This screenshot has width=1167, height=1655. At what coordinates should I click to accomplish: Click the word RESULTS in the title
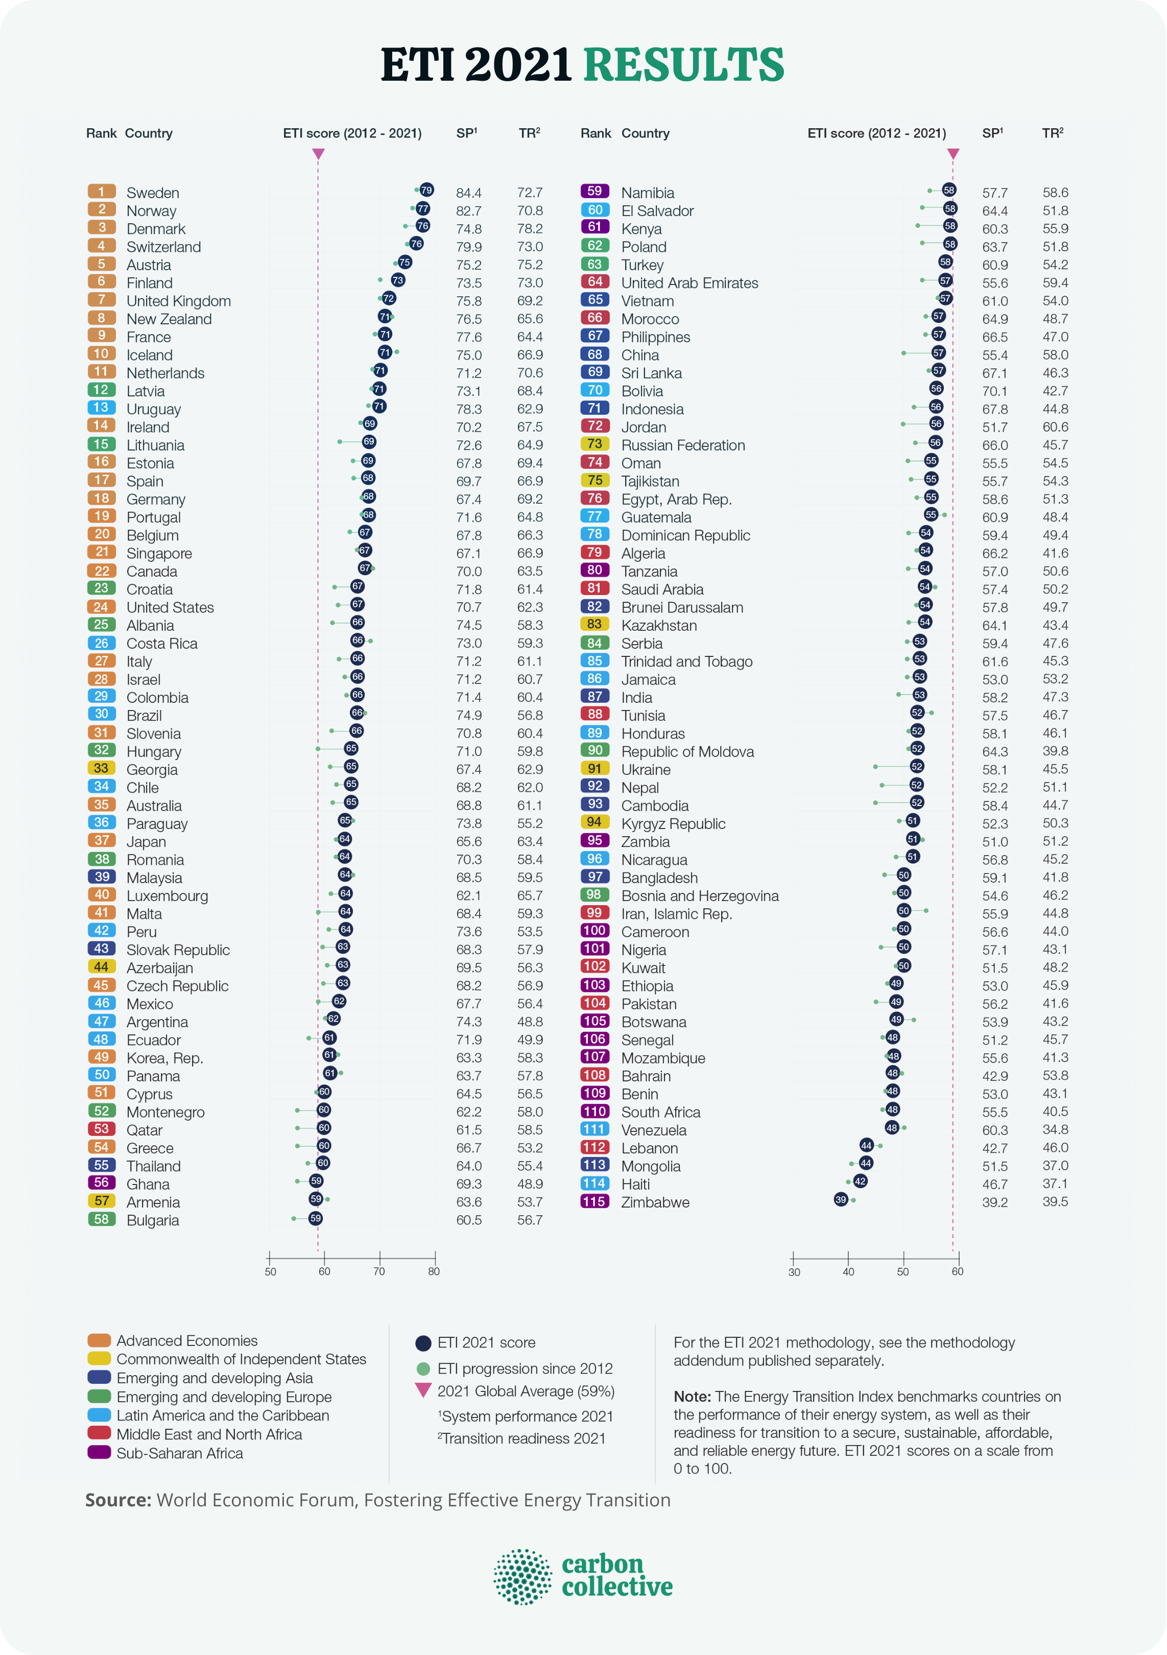pyautogui.click(x=683, y=65)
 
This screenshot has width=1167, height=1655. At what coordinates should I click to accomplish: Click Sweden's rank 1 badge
pyautogui.click(x=102, y=191)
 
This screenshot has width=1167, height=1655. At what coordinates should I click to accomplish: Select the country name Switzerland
pyautogui.click(x=163, y=247)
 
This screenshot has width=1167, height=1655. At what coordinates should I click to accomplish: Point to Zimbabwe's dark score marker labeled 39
pyautogui.click(x=841, y=1199)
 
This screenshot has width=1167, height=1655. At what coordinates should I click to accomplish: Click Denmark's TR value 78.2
pyautogui.click(x=529, y=228)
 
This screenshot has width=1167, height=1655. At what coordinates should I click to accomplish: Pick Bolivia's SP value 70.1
pyautogui.click(x=995, y=391)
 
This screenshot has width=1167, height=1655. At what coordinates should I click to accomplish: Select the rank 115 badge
pyautogui.click(x=594, y=1201)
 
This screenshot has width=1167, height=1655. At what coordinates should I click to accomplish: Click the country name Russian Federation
pyautogui.click(x=683, y=445)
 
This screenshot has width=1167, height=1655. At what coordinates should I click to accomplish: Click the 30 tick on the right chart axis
pyautogui.click(x=793, y=1257)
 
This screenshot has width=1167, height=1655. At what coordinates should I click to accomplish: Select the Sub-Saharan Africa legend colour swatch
pyautogui.click(x=99, y=1452)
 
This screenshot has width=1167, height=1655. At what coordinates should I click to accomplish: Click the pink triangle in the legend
pyautogui.click(x=423, y=1390)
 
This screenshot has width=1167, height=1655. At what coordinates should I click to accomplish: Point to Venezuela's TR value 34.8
pyautogui.click(x=1055, y=1129)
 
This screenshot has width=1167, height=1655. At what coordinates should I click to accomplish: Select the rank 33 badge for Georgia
pyautogui.click(x=102, y=768)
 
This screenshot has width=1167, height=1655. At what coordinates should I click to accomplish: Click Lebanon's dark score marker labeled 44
pyautogui.click(x=866, y=1145)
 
